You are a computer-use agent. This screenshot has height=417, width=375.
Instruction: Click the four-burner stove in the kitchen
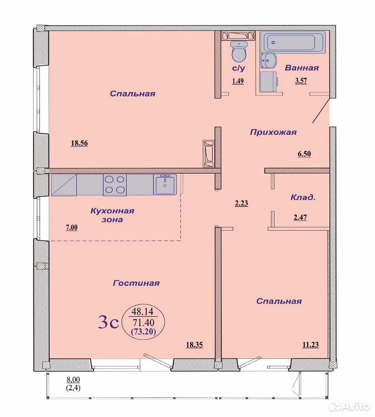coord(115,185)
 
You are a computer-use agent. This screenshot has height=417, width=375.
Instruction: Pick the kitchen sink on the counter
coord(165,185)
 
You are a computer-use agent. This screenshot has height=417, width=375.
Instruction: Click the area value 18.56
coord(79,143)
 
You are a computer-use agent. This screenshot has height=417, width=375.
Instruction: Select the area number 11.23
coord(310,345)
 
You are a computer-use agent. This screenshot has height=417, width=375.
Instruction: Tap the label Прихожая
coord(273,132)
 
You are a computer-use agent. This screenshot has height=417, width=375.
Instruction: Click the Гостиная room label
coord(136,283)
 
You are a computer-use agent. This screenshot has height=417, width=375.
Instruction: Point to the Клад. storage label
coord(303,198)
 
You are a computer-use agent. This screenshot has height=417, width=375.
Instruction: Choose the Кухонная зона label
coord(112,215)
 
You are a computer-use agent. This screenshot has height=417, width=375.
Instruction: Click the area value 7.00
coord(72,228)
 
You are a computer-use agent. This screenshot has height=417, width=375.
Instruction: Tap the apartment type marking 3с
coord(108,322)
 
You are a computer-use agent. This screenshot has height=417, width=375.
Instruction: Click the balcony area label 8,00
coord(73,380)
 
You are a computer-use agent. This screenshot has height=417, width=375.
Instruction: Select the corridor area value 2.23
coord(241,203)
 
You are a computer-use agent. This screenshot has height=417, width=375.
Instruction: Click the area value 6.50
coord(304,154)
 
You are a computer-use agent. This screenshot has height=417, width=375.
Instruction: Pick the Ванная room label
coord(302,68)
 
